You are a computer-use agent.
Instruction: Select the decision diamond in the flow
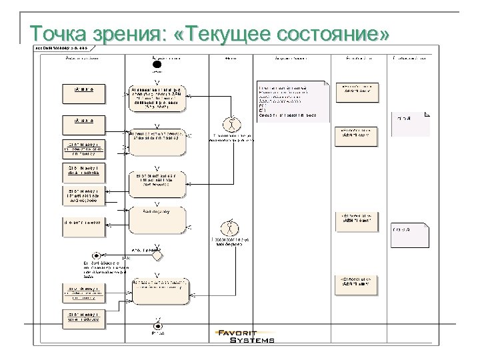(x=157, y=253)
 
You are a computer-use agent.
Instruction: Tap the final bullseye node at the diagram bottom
(x=157, y=325)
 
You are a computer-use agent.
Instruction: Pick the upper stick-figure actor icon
(x=231, y=125)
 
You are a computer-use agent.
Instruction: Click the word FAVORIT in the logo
(x=245, y=333)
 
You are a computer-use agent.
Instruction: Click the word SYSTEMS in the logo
(x=252, y=341)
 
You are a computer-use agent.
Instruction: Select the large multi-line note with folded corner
(x=293, y=101)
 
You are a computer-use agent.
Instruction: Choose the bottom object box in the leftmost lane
(x=83, y=318)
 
